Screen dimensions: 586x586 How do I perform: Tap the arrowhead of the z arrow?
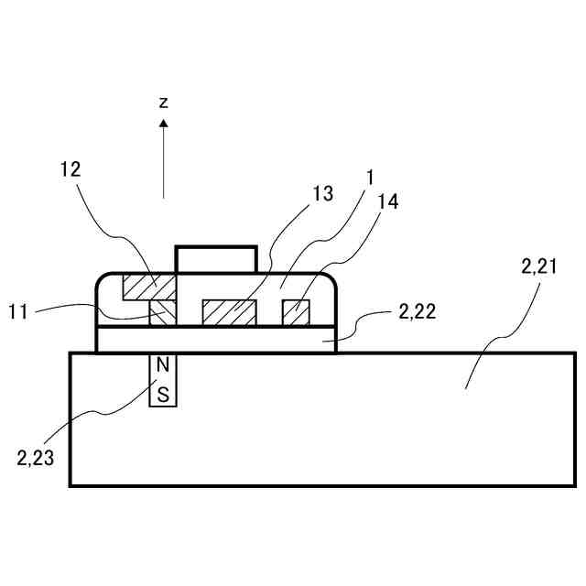tap(163, 123)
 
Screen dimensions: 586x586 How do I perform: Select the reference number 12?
tap(70, 169)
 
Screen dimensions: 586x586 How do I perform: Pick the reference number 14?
tap(387, 202)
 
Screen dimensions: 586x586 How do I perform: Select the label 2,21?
tap(541, 267)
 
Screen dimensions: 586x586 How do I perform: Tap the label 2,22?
tap(418, 311)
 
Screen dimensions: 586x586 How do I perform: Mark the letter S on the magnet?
tap(163, 395)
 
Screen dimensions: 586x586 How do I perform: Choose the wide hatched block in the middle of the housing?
tap(229, 311)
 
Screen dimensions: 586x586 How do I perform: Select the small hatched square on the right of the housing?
tap(296, 311)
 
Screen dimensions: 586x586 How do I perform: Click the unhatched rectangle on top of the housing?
tap(216, 259)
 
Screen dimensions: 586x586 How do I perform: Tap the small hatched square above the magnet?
tap(162, 313)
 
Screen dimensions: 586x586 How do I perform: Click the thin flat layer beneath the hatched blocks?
tap(216, 338)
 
